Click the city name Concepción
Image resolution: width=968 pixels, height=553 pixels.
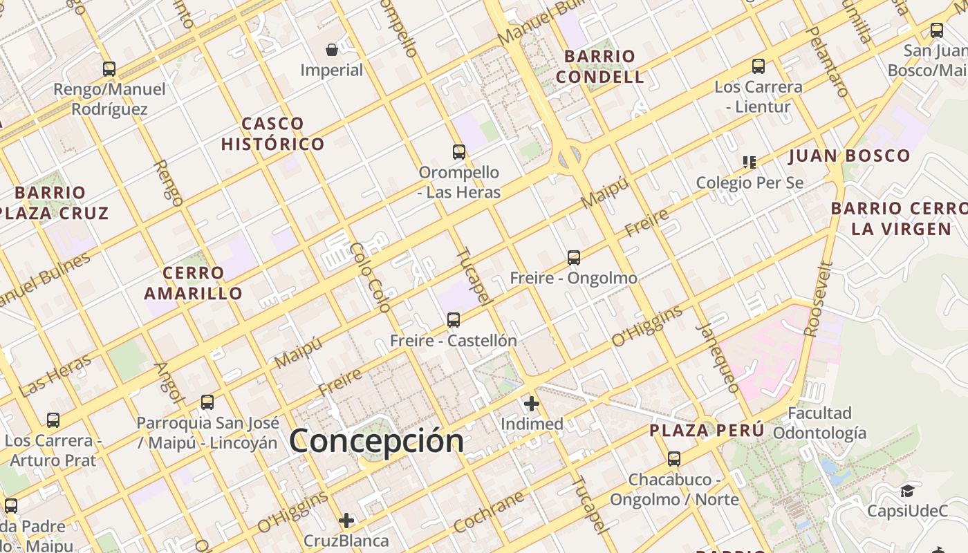tap(377, 441)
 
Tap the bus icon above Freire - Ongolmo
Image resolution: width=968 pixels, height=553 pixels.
tap(573, 258)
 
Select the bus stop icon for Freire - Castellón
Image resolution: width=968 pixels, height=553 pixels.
tap(454, 319)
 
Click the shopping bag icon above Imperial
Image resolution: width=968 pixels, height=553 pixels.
tap(332, 49)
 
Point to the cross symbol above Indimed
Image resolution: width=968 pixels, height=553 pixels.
tap(531, 404)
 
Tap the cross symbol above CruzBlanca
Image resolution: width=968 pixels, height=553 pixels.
tap(346, 520)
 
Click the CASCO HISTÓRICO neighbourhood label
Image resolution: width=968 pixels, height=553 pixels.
tap(272, 134)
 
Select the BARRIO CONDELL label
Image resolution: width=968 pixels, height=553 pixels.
tap(599, 66)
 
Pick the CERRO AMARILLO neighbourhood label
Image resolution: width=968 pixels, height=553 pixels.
tap(194, 283)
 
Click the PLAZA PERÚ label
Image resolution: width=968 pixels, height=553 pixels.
tap(707, 431)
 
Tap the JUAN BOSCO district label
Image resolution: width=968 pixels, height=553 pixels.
tap(850, 156)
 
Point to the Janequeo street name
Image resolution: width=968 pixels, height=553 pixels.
tap(718, 357)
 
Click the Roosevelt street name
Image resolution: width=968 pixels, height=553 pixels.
tap(817, 299)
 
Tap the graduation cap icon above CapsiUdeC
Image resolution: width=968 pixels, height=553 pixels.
tap(907, 491)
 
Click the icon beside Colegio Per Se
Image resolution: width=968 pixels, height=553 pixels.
tap(749, 162)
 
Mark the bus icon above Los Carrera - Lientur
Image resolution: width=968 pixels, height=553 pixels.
tap(758, 66)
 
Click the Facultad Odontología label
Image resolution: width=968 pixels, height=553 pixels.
tap(819, 423)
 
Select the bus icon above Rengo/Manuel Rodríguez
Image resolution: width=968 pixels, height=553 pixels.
tap(109, 68)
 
